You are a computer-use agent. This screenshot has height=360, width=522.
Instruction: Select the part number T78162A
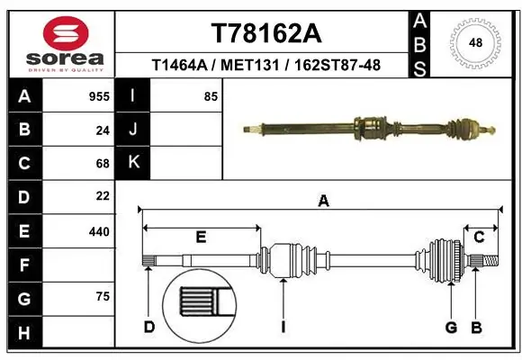coord(265,33)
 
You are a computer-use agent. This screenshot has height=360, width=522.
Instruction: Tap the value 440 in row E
coord(99,231)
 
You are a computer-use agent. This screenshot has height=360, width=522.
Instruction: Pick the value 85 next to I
coord(211,96)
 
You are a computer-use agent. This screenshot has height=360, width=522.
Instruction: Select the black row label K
coord(133,163)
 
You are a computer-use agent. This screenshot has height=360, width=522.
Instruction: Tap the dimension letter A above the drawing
coord(323,202)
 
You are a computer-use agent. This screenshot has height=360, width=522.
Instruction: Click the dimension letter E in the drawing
coord(201,238)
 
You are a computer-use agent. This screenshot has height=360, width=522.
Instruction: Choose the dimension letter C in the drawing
coord(479,238)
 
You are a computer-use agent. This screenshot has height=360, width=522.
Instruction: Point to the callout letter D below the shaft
coord(149,327)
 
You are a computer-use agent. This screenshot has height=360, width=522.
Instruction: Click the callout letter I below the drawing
coord(283,327)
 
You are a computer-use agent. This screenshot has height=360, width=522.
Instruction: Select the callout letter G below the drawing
coord(451,327)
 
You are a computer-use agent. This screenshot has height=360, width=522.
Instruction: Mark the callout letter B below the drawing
coord(477,327)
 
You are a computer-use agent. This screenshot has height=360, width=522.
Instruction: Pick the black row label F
coord(23,265)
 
